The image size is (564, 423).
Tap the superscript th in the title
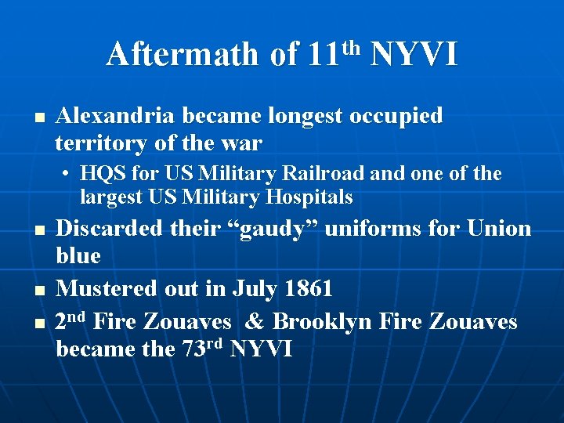click(x=353, y=45)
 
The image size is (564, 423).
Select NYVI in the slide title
click(x=414, y=55)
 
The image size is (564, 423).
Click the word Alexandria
click(x=116, y=116)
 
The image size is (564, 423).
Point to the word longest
click(x=306, y=117)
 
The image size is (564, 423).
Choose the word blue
click(x=79, y=256)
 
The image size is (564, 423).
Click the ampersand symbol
click(x=250, y=321)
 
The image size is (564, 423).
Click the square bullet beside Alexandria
click(x=38, y=118)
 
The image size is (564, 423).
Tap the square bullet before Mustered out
click(x=38, y=291)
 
